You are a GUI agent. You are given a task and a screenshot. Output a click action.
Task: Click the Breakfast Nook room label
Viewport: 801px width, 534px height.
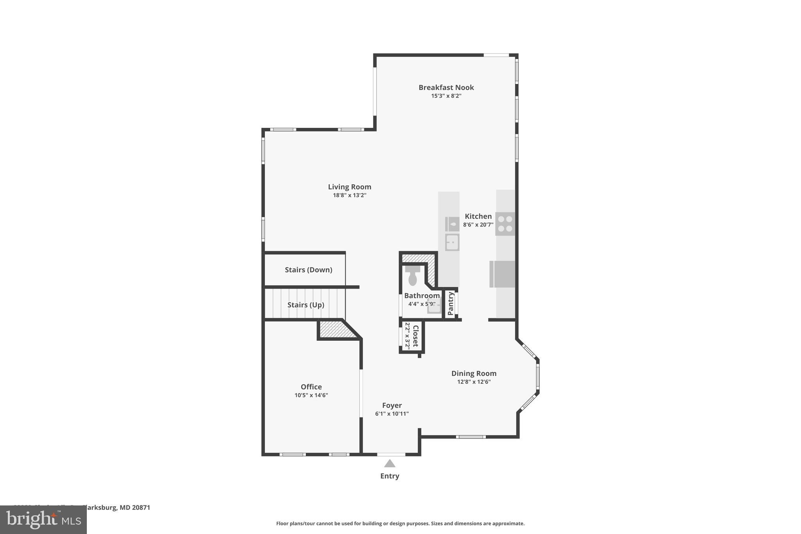(x=446, y=88)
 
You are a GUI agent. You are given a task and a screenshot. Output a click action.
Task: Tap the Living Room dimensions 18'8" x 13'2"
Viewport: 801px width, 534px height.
(x=349, y=195)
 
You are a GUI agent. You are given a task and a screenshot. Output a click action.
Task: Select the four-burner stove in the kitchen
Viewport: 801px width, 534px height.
(x=505, y=224)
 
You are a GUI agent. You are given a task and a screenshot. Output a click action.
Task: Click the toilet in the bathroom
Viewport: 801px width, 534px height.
(x=413, y=276)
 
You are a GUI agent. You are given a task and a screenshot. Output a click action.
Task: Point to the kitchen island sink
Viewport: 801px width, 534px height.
(x=452, y=243)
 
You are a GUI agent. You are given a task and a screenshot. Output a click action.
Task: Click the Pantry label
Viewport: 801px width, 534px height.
(x=450, y=304)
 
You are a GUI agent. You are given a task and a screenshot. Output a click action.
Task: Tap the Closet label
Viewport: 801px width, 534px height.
(x=416, y=336)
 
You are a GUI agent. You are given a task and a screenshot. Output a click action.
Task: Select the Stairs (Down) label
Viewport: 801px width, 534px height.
(x=308, y=270)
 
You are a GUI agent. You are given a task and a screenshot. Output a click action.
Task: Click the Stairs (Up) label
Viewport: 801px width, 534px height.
(x=305, y=305)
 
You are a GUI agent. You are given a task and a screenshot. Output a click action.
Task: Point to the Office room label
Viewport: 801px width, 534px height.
(x=311, y=387)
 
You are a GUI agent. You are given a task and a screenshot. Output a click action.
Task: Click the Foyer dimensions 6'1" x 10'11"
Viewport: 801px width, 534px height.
(x=392, y=414)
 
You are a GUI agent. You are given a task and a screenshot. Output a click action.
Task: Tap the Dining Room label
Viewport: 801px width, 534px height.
(x=474, y=374)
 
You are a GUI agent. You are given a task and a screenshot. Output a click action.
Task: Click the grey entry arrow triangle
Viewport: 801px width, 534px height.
(x=390, y=464)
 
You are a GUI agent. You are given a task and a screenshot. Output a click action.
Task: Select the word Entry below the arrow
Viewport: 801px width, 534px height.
(x=390, y=476)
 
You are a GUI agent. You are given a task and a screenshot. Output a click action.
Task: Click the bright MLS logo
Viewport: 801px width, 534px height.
(x=43, y=520)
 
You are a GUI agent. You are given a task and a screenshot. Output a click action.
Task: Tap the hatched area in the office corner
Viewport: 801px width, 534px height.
(x=336, y=329)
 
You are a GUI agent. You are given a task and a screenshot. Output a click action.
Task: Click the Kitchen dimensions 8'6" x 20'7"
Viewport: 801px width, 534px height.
(x=478, y=225)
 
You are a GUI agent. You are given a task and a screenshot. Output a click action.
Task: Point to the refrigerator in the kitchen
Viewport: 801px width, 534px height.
(x=502, y=274)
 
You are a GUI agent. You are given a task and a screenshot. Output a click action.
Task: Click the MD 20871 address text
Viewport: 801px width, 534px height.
(x=135, y=507)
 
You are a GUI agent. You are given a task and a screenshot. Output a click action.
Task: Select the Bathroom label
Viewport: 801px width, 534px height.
(x=422, y=296)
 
